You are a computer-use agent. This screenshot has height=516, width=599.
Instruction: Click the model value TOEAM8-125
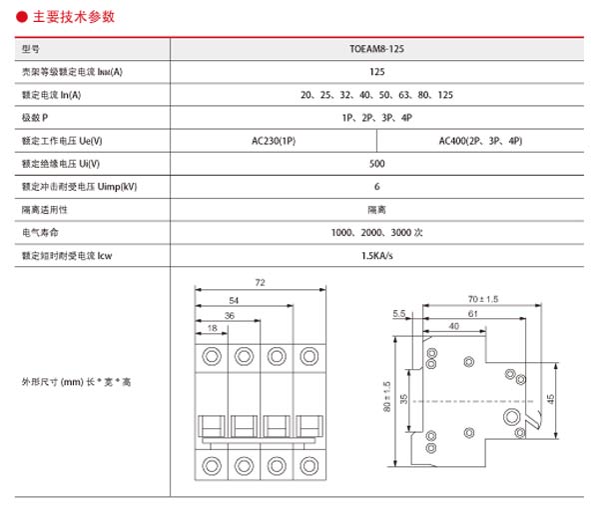[376, 48]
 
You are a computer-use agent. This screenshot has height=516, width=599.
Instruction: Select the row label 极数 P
[35, 118]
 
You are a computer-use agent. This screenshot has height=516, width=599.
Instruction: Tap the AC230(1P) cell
[274, 141]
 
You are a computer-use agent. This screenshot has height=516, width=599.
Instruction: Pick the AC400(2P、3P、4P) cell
[480, 141]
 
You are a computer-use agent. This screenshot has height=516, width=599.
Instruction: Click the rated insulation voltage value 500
[376, 164]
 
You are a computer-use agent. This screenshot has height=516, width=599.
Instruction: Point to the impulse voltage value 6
[376, 187]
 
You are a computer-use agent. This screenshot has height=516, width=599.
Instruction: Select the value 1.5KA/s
[376, 256]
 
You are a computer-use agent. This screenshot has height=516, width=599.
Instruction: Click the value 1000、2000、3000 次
[376, 233]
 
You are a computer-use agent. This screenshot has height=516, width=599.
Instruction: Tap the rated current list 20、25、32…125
[376, 95]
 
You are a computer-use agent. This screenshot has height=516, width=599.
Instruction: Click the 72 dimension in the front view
[260, 284]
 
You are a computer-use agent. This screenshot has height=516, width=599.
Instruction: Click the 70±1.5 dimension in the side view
[483, 299]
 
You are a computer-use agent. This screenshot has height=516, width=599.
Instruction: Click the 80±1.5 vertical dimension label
[386, 398]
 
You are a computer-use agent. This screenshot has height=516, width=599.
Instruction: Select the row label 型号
[31, 48]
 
